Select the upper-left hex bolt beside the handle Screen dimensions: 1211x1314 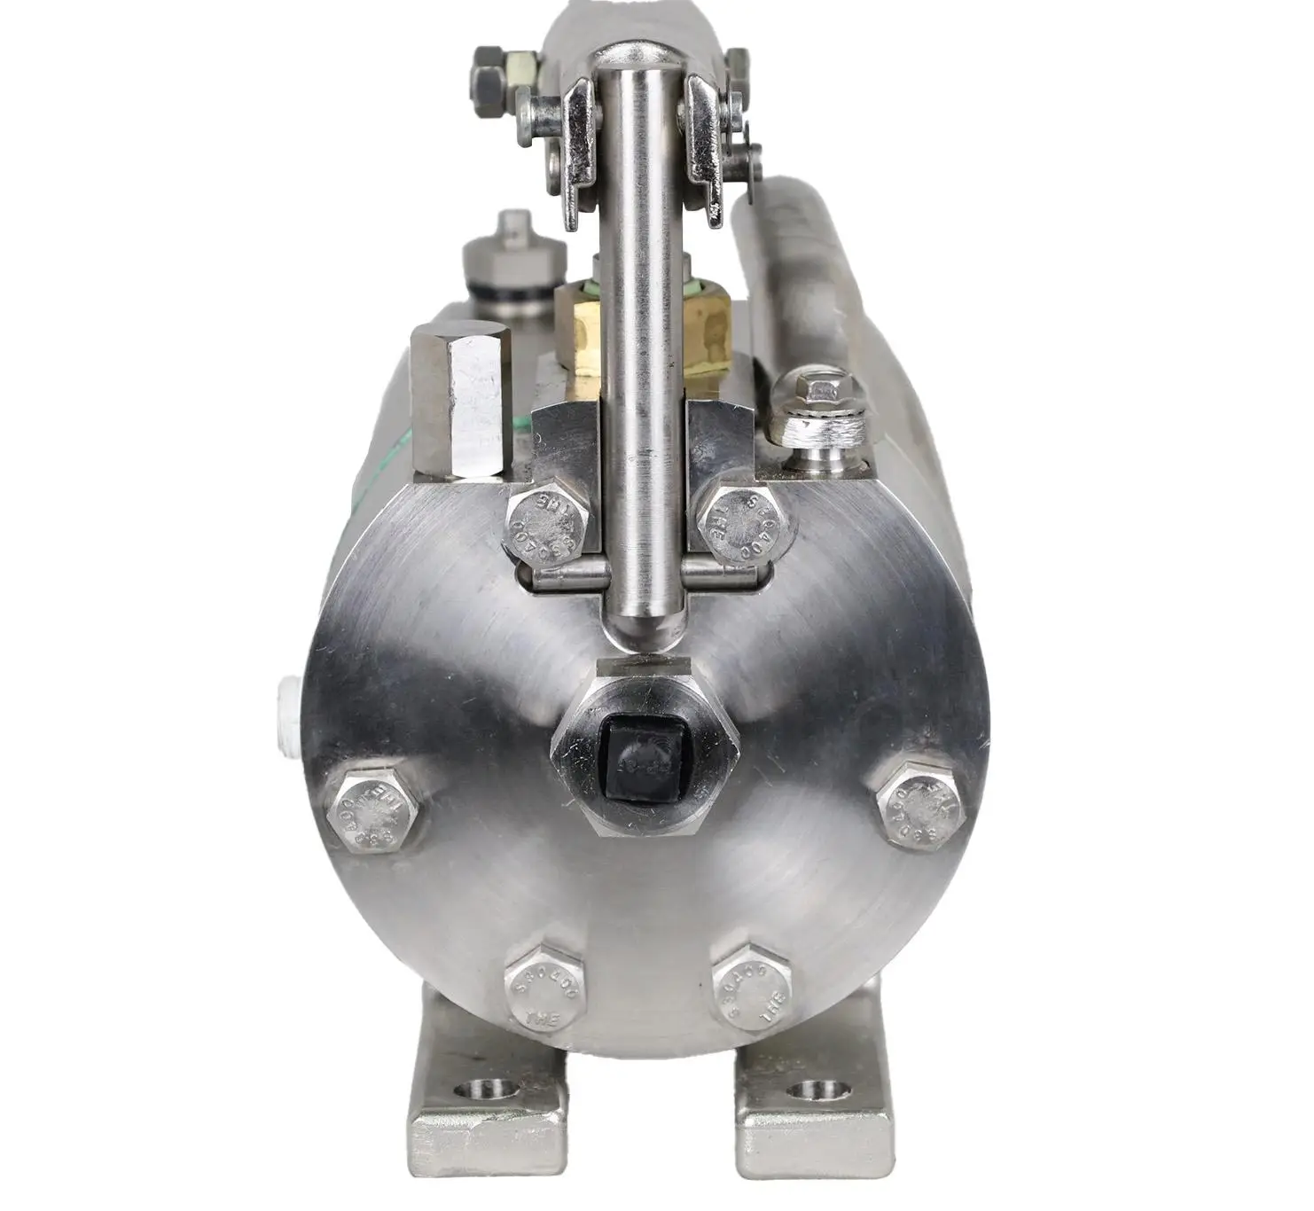tap(548, 524)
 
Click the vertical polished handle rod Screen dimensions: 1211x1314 tap(640, 355)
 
